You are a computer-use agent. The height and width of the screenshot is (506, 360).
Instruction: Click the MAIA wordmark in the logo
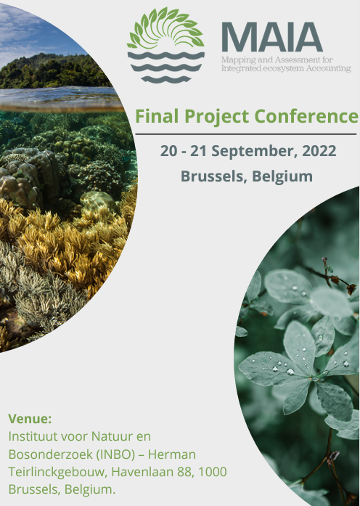272,37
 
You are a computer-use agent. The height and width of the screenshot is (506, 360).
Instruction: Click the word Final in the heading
157,116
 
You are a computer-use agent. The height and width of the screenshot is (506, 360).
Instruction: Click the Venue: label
30,419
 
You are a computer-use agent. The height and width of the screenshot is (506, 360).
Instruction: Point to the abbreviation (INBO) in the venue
115,454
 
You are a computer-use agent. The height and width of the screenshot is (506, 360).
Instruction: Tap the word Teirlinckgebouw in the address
57,472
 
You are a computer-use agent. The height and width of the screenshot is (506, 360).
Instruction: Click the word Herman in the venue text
172,454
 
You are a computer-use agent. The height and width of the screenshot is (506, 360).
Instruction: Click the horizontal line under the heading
246,134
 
